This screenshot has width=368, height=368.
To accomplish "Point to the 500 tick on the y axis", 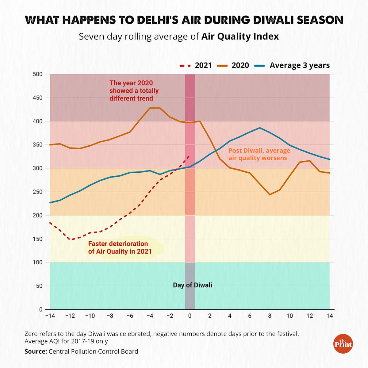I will (37, 74).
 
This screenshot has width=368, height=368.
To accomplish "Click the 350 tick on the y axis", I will (37, 145).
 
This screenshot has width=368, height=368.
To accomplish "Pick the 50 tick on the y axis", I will (39, 286).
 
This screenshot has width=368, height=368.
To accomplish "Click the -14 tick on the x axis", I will (50, 316).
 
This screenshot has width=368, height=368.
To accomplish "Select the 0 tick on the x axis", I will (190, 316).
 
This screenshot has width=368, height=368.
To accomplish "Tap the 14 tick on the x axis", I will (330, 316).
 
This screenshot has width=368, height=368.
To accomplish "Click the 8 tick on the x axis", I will (270, 316).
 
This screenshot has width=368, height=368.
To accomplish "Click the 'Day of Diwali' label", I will (192, 285).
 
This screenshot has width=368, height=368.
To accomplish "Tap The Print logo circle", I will (343, 344).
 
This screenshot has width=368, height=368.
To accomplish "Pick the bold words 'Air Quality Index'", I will (240, 36).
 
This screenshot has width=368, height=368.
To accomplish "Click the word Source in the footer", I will (36, 351).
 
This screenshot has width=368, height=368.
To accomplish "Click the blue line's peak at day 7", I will (260, 128).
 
